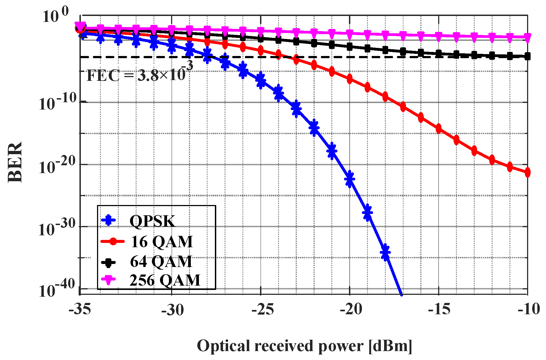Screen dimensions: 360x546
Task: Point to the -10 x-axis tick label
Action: click(x=529, y=309)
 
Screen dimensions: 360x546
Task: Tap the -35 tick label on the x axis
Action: click(x=80, y=309)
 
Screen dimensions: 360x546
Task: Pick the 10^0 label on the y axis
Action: click(x=55, y=16)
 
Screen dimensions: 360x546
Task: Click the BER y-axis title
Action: click(x=15, y=162)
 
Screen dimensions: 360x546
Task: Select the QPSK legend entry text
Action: click(x=152, y=221)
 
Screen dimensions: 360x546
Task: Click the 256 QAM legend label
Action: click(x=165, y=280)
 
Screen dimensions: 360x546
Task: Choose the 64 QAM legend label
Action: click(x=161, y=261)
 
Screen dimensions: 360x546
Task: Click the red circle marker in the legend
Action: click(x=113, y=242)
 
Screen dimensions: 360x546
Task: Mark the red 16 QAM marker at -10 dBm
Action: click(x=527, y=172)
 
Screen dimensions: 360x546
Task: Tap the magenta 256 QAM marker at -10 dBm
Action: click(x=527, y=37)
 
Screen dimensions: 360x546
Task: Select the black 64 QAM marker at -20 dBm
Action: click(x=350, y=47)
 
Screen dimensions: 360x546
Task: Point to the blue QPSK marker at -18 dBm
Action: click(x=385, y=253)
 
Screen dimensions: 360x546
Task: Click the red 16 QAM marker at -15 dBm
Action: click(x=439, y=129)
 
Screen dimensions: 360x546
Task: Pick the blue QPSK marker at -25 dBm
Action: click(x=261, y=80)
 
